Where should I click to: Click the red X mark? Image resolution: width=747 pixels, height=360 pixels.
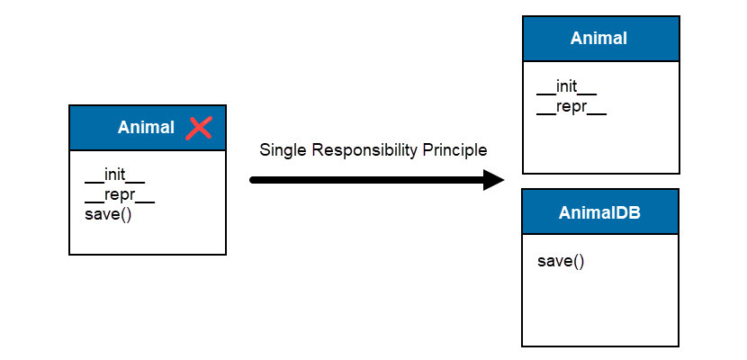[198, 128]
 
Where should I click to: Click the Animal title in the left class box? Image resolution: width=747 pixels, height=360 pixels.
[146, 128]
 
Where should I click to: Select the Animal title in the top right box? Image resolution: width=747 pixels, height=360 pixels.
[598, 38]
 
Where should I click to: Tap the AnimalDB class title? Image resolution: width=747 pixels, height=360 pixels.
[599, 211]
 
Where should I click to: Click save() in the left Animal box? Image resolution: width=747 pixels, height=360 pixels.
[108, 214]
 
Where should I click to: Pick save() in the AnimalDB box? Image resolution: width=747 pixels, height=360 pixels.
[561, 261]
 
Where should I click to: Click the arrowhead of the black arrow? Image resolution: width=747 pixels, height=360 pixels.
[493, 180]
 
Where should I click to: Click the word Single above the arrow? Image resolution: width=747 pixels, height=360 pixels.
[280, 150]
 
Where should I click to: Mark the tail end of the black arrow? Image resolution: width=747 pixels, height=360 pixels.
[254, 180]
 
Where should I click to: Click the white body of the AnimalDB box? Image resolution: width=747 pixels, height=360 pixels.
[600, 306]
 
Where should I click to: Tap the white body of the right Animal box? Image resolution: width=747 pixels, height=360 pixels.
[600, 144]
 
